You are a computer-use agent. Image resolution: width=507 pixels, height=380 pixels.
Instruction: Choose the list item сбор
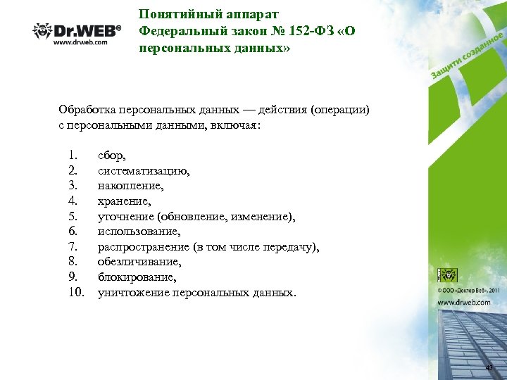point(112,155)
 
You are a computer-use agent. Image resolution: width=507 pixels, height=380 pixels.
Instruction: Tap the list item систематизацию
point(143,170)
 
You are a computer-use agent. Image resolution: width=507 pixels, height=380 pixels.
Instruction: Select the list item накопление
point(130,185)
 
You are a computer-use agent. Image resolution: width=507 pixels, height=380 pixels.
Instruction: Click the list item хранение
point(125,201)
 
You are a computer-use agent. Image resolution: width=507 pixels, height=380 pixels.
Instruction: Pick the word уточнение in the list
point(126,216)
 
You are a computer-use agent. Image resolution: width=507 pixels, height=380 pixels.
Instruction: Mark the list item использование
point(139,231)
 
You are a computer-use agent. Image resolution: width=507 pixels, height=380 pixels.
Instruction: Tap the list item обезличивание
point(139,262)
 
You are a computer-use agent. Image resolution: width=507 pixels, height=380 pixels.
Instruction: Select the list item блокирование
point(137,277)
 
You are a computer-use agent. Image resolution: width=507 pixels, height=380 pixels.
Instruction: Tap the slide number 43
point(489,368)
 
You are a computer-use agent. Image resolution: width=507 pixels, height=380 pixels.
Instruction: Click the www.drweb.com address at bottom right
point(463,301)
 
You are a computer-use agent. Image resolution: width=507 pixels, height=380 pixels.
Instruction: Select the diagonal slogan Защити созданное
point(466,58)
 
